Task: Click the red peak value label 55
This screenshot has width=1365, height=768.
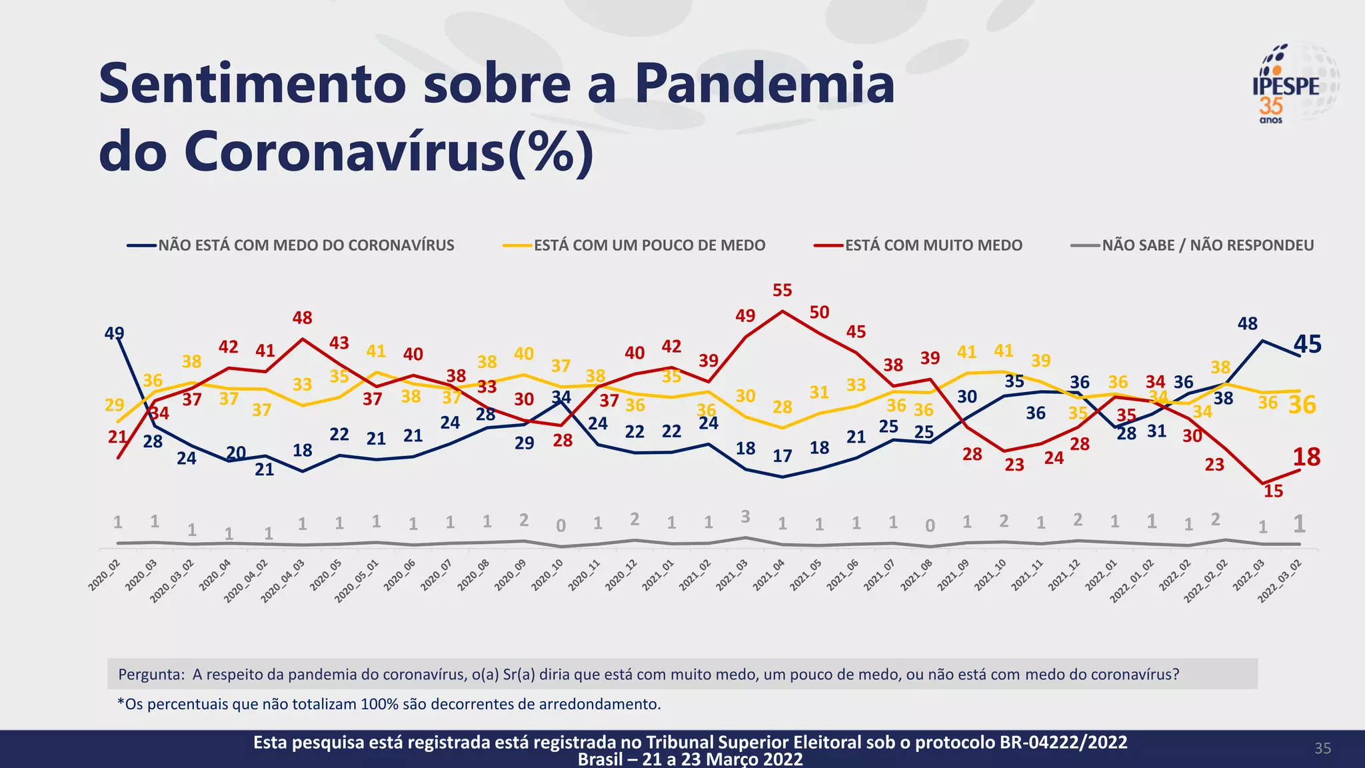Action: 782,291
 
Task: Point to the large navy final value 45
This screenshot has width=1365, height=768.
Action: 1307,345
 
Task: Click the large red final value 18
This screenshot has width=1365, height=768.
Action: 1306,457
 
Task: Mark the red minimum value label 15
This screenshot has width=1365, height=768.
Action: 1273,491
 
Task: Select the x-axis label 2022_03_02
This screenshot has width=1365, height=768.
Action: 1280,581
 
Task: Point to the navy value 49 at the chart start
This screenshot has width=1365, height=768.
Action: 114,333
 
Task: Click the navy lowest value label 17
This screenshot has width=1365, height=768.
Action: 782,456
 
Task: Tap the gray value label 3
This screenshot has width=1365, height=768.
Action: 745,517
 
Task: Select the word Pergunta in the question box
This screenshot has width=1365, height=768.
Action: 150,674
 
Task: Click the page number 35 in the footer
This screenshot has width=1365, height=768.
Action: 1322,748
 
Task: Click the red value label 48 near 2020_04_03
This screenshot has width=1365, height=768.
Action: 302,318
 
